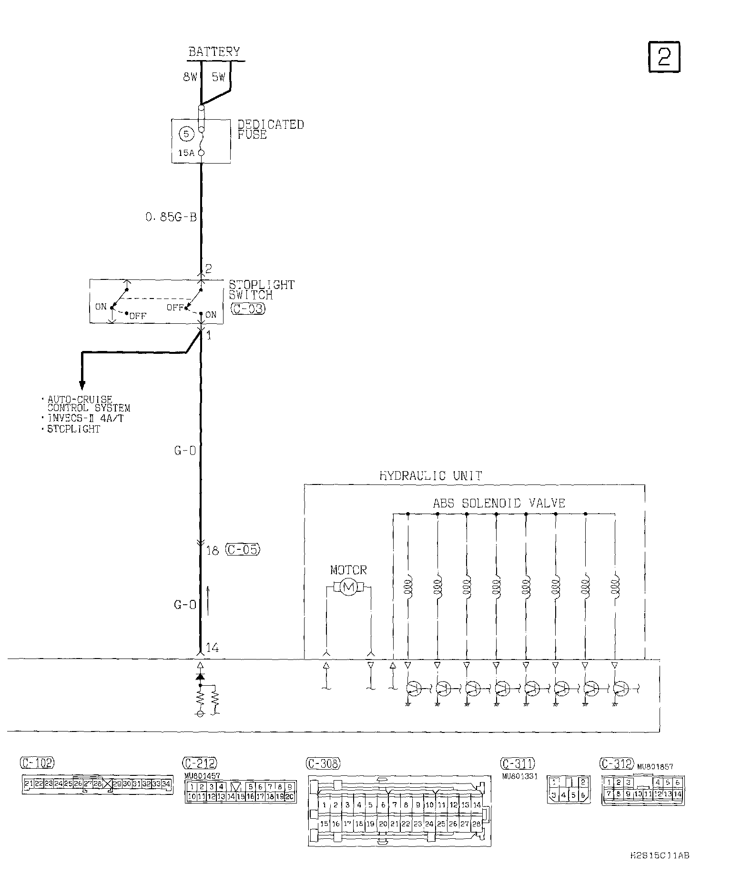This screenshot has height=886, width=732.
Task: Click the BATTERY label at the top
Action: coord(214,52)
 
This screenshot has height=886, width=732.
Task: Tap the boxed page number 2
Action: coord(664,57)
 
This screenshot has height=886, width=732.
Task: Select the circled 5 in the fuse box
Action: coord(186,134)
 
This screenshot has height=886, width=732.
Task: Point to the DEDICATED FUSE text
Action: coord(270,129)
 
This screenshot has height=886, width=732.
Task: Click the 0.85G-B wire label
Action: coord(171,217)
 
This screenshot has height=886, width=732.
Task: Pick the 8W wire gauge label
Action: coord(190,77)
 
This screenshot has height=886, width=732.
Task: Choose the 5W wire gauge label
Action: coord(218,77)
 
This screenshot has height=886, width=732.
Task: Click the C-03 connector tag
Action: coord(247,308)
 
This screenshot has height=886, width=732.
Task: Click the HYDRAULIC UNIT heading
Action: coord(430,475)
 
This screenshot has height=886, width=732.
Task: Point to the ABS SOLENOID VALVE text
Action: coord(498,503)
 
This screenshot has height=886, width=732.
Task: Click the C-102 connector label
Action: coord(37,762)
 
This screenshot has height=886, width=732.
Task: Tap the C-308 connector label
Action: coord(322,763)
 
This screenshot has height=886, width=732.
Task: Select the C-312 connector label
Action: coord(617,763)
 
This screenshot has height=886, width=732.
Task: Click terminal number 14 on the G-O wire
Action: coord(212,647)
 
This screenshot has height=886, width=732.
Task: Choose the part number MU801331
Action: coord(519,776)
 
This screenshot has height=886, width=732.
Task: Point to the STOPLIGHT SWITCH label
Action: coord(261,290)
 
